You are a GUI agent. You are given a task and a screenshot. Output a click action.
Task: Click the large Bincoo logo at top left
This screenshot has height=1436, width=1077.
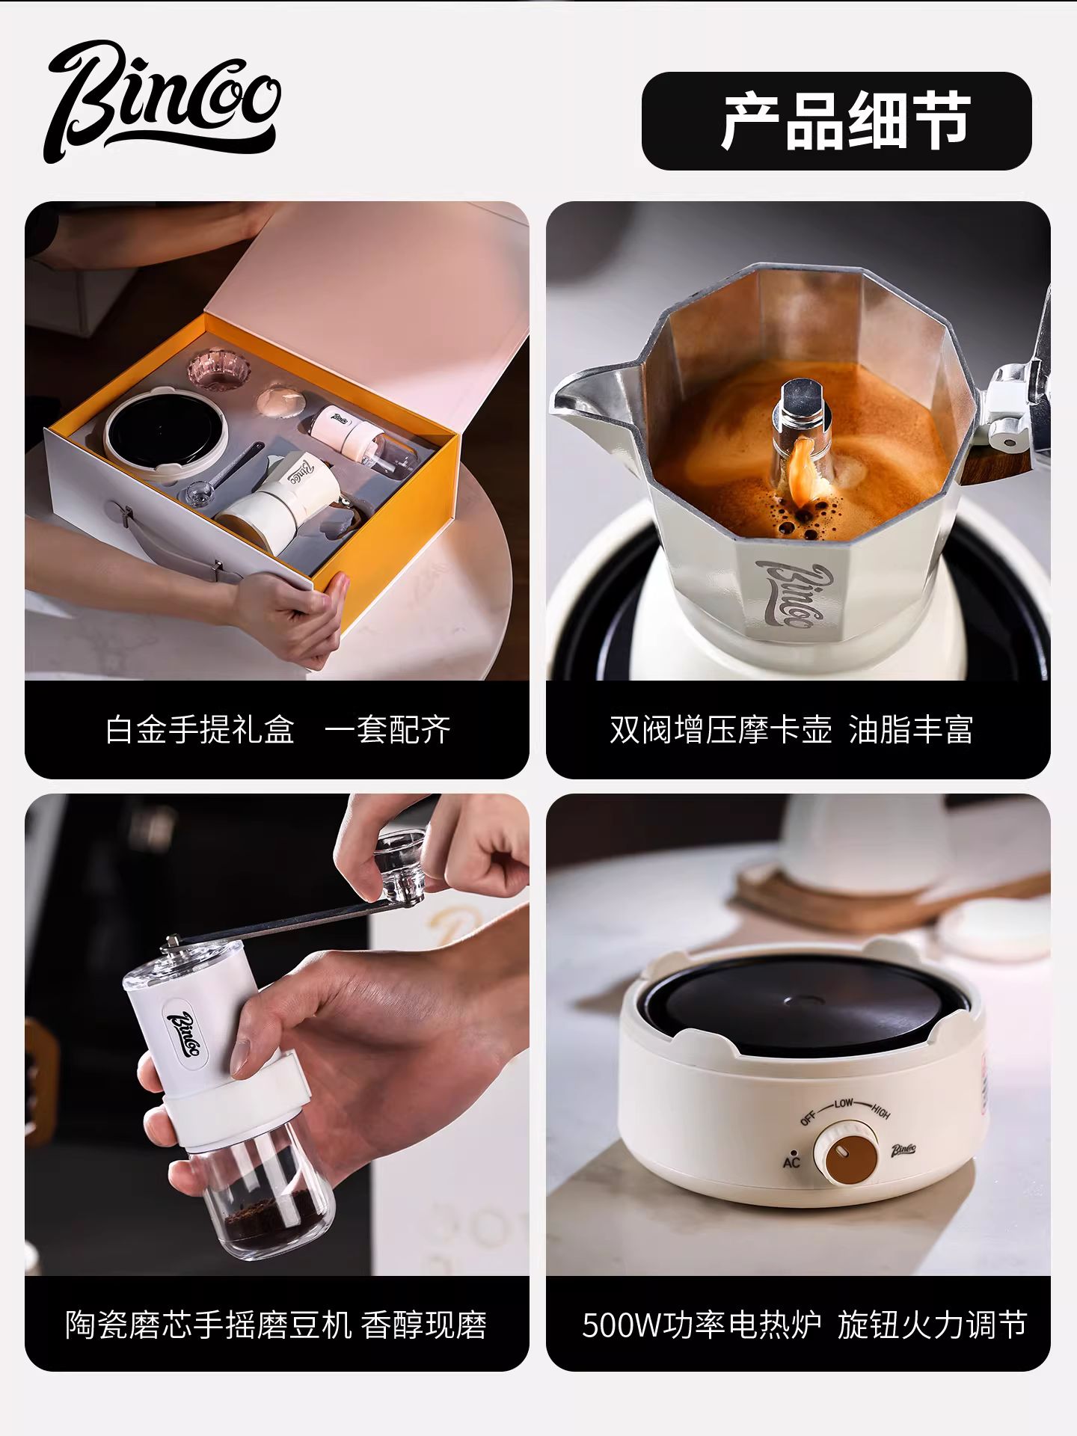click(x=163, y=102)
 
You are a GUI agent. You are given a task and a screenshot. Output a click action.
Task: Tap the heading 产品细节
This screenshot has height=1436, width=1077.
click(x=845, y=121)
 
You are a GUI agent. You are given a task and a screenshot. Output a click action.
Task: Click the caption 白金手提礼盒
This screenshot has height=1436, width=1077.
click(x=200, y=729)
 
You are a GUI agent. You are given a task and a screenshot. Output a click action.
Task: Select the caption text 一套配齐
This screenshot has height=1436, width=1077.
click(x=387, y=729)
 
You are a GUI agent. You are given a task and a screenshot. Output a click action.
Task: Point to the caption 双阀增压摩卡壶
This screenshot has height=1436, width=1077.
click(x=720, y=729)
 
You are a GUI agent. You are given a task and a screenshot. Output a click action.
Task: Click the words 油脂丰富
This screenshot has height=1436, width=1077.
click(x=911, y=729)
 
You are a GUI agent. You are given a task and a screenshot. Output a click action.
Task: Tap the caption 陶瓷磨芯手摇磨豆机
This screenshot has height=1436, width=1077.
click(x=208, y=1325)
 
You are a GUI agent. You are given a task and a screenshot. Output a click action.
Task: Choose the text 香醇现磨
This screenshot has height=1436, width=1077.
click(x=424, y=1325)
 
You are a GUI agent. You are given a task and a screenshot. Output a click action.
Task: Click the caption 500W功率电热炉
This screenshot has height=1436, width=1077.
click(x=702, y=1325)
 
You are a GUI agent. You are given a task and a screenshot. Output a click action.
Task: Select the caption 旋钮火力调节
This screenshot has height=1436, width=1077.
click(x=932, y=1325)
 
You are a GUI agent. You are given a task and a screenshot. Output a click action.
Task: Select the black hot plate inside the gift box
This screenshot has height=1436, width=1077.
click(x=165, y=433)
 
